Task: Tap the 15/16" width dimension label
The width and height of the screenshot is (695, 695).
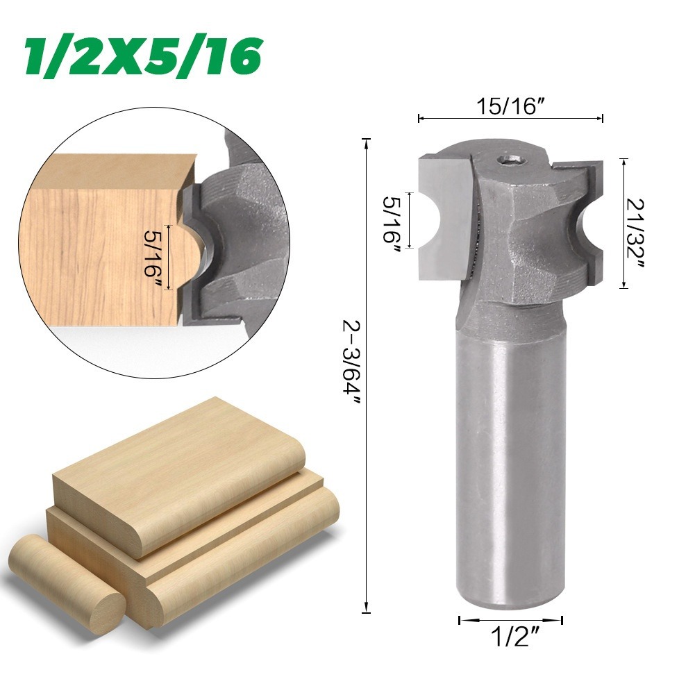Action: pyautogui.click(x=510, y=107)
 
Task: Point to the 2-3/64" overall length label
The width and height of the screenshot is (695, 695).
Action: pyautogui.click(x=353, y=363)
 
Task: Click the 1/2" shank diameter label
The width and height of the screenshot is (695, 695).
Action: pyautogui.click(x=510, y=637)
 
